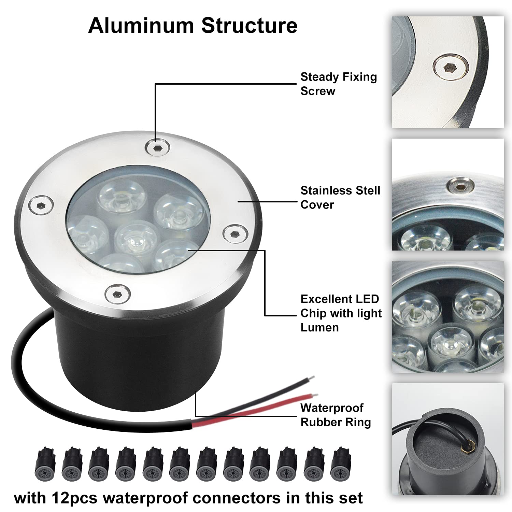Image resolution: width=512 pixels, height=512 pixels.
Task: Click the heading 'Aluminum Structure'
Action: coord(193,26)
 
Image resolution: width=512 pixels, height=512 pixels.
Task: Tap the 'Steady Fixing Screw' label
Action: coord(338,84)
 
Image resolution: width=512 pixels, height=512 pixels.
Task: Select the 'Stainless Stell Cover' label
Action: coord(340,197)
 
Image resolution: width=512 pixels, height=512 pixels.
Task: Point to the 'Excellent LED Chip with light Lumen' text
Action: coord(341,313)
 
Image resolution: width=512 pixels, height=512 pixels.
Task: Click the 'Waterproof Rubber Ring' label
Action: coord(335,415)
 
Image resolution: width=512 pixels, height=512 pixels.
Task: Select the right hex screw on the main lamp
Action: coord(234,234)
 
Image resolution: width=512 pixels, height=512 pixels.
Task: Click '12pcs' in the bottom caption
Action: coord(75,498)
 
